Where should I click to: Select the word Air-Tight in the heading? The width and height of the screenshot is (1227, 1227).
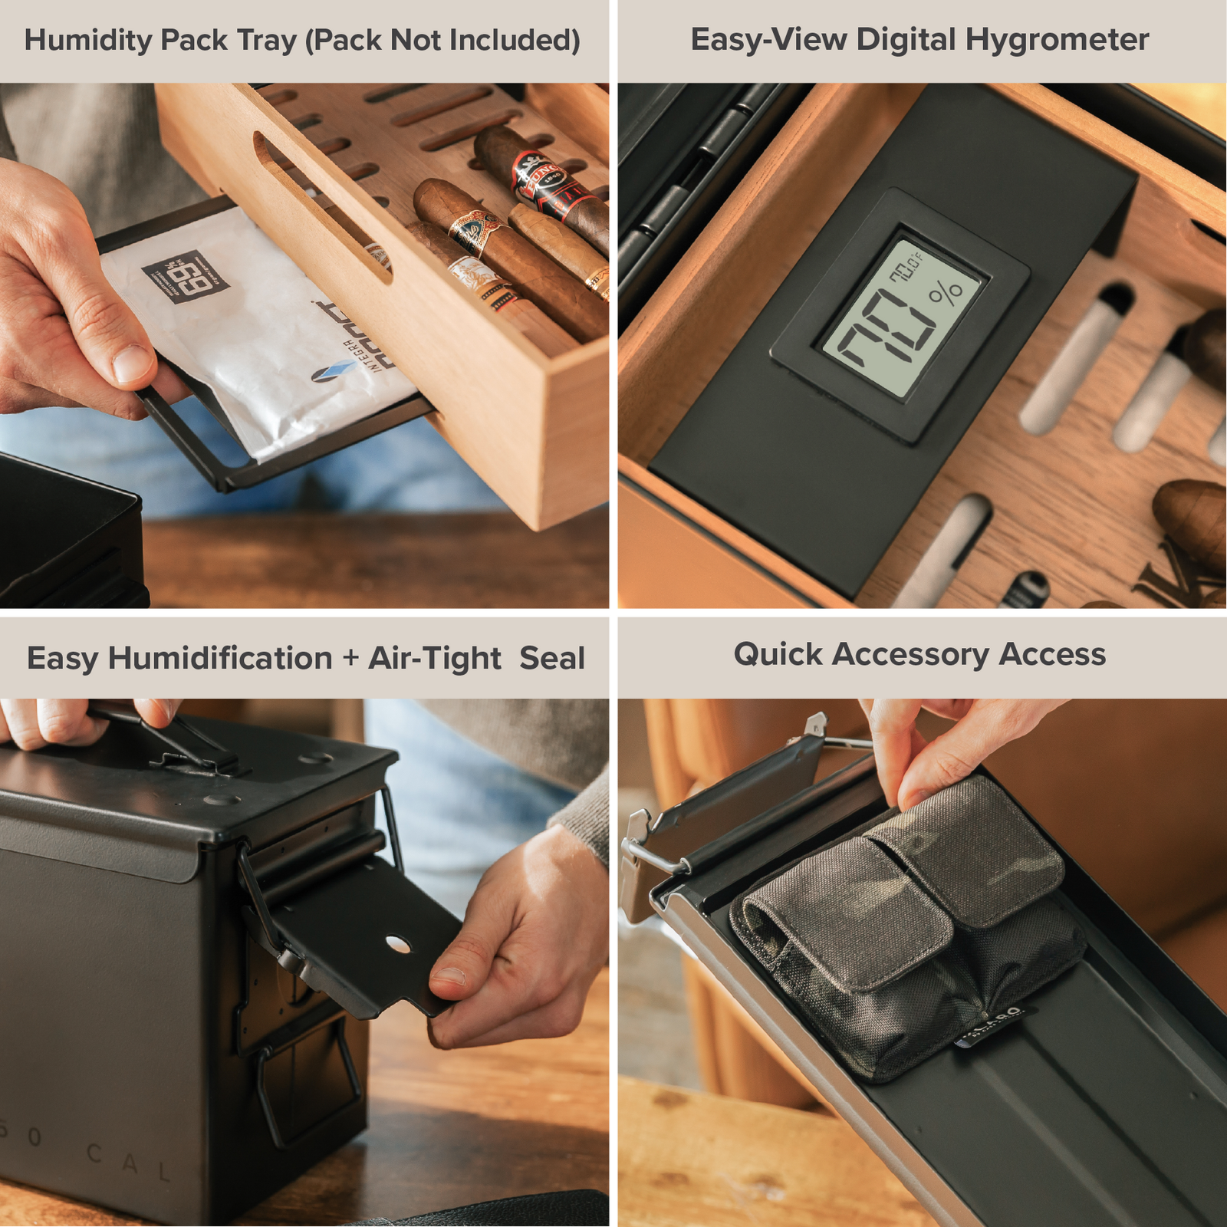click(x=434, y=658)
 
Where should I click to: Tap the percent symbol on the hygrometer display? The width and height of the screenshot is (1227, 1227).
click(x=945, y=293)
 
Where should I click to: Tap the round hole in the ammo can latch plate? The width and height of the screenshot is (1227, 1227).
click(x=398, y=944)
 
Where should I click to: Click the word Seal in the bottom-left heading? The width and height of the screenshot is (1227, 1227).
click(x=552, y=658)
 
